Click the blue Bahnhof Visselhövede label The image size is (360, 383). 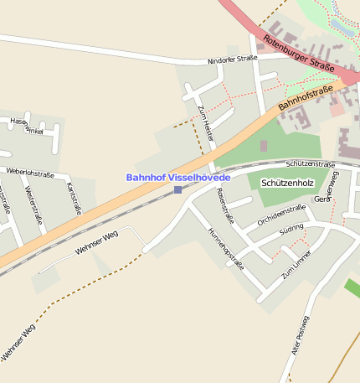[x=177, y=178]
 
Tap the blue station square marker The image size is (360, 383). [x=177, y=190]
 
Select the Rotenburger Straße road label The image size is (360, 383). [x=299, y=53]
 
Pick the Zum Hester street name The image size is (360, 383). [x=205, y=123]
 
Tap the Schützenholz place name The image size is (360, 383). [x=287, y=182]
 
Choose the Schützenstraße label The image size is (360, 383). [x=311, y=165]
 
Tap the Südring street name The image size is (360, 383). [x=291, y=228]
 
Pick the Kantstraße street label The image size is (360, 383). [x=74, y=198]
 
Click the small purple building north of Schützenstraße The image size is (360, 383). [x=264, y=146]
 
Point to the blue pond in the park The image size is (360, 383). [x=341, y=26]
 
